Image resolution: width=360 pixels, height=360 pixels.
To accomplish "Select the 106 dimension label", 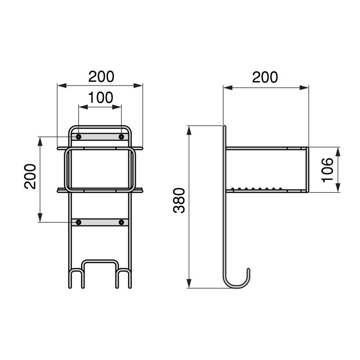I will [x=328, y=169].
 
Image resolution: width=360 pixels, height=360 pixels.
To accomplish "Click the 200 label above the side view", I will [x=265, y=77].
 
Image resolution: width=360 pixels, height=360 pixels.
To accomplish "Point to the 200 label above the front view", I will [x=101, y=76].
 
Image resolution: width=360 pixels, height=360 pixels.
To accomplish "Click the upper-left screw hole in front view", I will [x=79, y=136].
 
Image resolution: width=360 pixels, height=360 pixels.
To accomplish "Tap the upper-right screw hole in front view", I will [x=121, y=136].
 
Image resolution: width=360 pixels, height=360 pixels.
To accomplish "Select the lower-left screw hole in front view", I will [x=79, y=222].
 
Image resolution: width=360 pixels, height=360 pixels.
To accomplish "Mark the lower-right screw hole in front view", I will [x=121, y=222].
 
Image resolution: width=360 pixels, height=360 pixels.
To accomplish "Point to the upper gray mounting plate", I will [x=100, y=136].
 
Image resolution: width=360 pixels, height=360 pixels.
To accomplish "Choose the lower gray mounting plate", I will [x=100, y=222].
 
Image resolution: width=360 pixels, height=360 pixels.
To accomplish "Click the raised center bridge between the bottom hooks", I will [x=100, y=261].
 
